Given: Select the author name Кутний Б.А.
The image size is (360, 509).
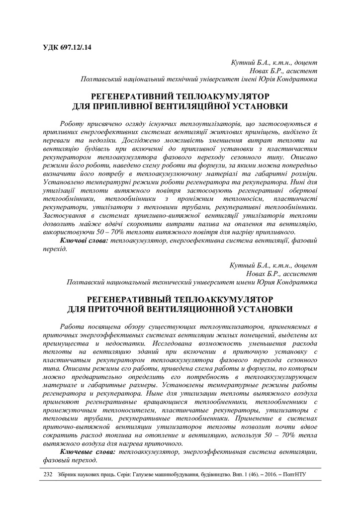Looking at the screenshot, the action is coord(249,63).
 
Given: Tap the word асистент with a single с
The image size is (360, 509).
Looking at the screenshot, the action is coord(300,71).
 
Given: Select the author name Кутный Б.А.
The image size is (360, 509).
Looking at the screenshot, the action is coord(249,265).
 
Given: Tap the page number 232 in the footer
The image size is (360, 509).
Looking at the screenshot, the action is coord(48,475).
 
